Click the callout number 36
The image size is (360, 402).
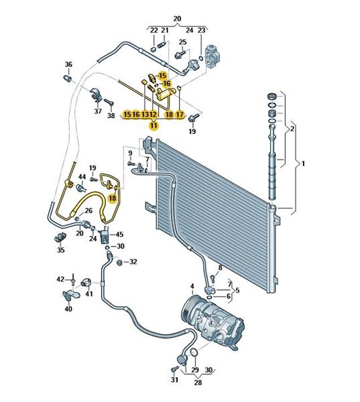[x=68, y=64]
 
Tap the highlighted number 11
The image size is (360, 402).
[x=154, y=126]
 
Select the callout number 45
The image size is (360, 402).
[x=119, y=234]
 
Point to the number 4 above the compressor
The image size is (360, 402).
[x=192, y=286]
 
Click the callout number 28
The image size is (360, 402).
[x=198, y=383]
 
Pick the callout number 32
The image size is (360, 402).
[x=133, y=262]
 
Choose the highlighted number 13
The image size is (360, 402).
[x=145, y=115]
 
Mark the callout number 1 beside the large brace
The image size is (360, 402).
[x=303, y=163]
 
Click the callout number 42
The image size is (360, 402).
[x=60, y=279]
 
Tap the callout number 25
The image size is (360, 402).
[x=182, y=42]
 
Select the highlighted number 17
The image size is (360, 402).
[x=180, y=115]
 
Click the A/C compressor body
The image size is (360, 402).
[x=213, y=324]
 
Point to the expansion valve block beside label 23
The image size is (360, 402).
[x=213, y=56]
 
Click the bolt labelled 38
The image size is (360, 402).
[x=109, y=102]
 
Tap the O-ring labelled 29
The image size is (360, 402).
[x=194, y=352]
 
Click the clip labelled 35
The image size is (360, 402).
[x=60, y=237]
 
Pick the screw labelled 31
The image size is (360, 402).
[x=174, y=368]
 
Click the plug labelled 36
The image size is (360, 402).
[x=68, y=78]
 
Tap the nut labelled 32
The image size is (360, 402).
[x=119, y=263]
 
